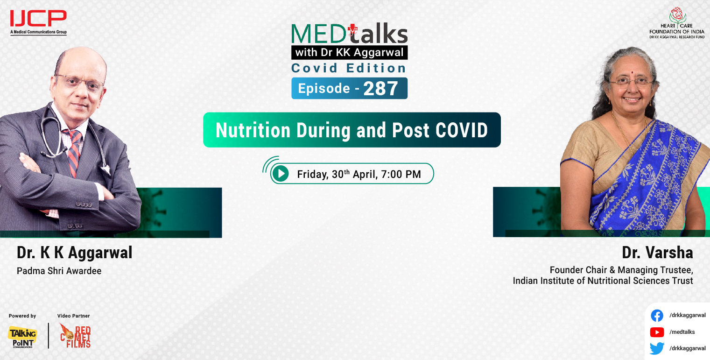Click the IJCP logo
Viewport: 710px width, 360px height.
(38, 21)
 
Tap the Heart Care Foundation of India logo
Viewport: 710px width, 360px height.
(677, 22)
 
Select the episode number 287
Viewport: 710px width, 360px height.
(380, 89)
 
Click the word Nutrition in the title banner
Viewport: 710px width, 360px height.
(250, 130)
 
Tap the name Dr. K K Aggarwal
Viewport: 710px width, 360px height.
(75, 253)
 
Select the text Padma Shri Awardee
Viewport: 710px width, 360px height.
(59, 271)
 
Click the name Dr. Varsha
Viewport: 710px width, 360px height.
(657, 253)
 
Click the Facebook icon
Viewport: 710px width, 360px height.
(657, 316)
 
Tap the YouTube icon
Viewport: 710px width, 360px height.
(657, 332)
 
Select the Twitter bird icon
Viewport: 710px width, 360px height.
(657, 348)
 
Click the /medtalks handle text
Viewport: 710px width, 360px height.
(682, 332)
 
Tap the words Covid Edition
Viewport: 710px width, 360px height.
(349, 68)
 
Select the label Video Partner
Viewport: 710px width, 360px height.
(73, 316)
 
